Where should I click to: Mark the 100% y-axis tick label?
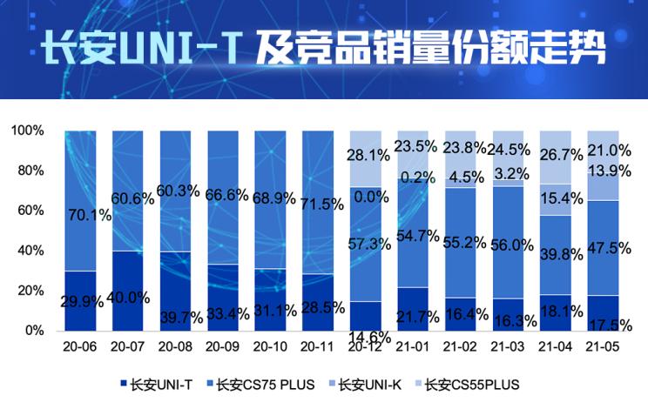(28, 131)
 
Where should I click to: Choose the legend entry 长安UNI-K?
(369, 383)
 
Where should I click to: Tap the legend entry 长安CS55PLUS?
(471, 383)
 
